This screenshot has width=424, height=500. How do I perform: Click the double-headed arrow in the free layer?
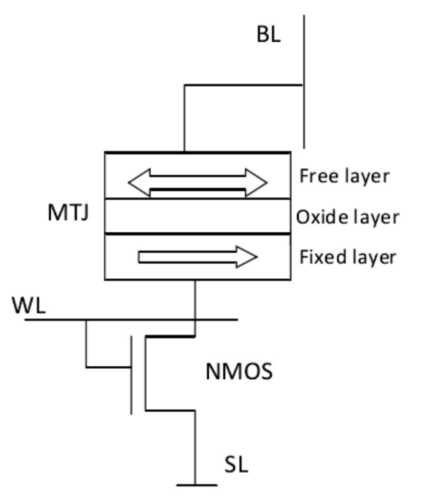[x=197, y=182]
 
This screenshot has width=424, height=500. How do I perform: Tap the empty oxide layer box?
[x=197, y=217]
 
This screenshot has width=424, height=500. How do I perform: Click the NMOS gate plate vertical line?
[x=131, y=376]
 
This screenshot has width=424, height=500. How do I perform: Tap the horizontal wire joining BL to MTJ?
[x=244, y=85]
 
